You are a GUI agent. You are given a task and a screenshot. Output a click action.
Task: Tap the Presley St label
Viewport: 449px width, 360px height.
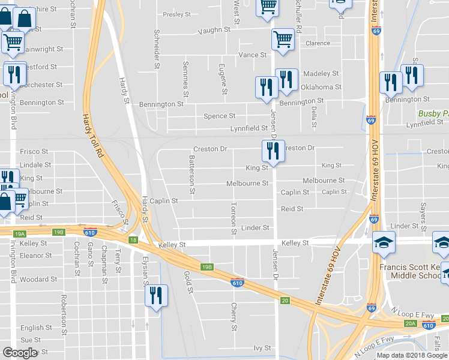tap(176, 14)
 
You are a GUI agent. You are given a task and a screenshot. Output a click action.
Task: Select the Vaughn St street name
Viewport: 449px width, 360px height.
tap(218, 29)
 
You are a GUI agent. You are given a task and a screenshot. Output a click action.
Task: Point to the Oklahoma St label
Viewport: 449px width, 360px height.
tap(321, 87)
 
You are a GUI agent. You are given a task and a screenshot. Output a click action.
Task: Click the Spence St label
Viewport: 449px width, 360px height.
tap(219, 116)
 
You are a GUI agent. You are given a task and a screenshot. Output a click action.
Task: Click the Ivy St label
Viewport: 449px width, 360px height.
tap(262, 347)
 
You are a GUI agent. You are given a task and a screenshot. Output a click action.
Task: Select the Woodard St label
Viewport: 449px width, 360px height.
tap(38, 280)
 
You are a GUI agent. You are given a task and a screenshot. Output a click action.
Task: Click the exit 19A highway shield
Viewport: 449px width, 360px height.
tap(19, 233)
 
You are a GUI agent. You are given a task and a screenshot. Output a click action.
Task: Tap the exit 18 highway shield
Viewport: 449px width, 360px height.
tap(132, 239)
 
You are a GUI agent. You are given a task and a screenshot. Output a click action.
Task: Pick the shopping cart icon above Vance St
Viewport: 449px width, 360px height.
tap(283, 40)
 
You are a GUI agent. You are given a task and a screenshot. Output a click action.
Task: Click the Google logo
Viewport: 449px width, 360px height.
tap(20, 352)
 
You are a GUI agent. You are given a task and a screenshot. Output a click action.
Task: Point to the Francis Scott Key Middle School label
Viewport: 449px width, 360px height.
tap(411, 271)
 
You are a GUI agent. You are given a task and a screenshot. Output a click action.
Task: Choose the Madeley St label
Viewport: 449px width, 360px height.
tap(321, 73)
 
